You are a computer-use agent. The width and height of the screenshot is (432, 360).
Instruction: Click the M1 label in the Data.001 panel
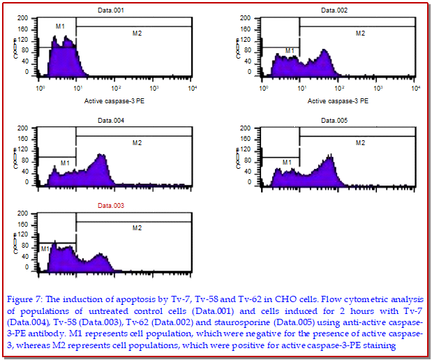(x=60, y=27)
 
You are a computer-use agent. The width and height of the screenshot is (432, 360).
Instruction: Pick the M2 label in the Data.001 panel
(x=136, y=33)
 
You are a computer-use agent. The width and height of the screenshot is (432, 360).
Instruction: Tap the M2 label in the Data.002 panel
(x=360, y=33)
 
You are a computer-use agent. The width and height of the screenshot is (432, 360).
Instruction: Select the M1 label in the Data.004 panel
(x=65, y=163)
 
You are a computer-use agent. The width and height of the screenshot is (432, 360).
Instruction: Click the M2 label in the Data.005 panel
(x=360, y=142)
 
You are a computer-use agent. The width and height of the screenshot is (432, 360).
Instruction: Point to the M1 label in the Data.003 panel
(x=45, y=248)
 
